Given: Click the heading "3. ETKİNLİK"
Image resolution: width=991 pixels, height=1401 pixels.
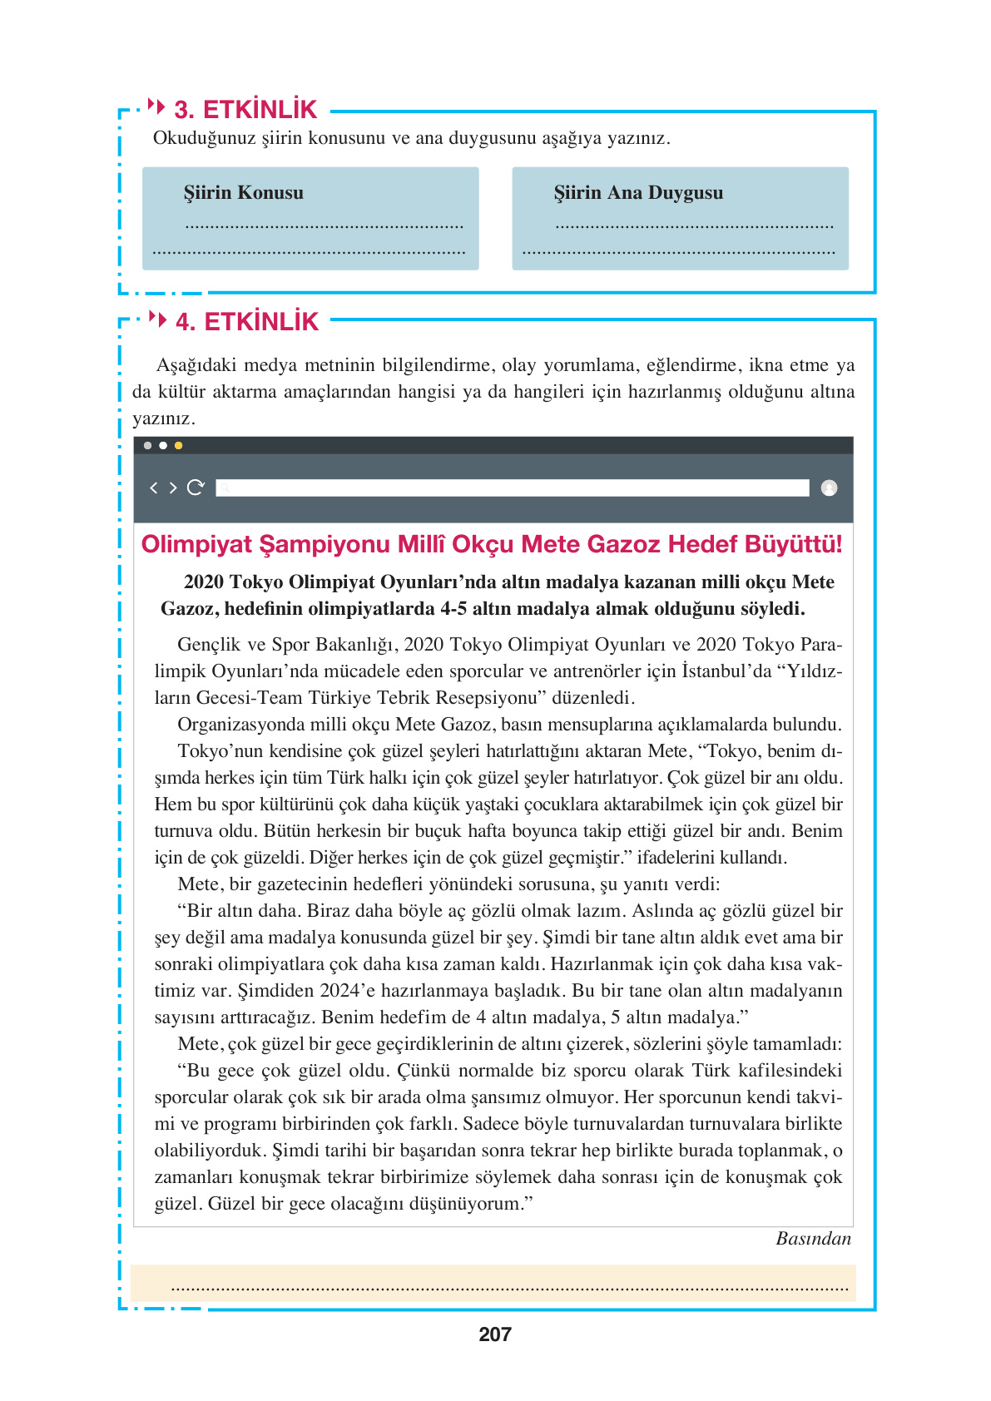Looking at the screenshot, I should (245, 110).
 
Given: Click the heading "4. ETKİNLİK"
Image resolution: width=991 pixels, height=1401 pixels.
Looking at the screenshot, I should (247, 322).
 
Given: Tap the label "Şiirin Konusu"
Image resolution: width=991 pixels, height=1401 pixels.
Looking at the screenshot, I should (244, 193).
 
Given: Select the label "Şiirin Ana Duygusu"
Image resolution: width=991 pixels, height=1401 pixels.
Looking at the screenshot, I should (638, 193).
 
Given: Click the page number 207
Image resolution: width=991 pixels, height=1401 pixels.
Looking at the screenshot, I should (495, 1334).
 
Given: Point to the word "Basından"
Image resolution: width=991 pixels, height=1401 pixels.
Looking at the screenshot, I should (813, 1239).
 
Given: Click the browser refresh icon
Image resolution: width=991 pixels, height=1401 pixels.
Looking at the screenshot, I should (196, 488).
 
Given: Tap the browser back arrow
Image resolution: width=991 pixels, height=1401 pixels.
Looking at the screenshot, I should (153, 488).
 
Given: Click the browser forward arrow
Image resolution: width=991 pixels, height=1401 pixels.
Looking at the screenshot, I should (173, 488).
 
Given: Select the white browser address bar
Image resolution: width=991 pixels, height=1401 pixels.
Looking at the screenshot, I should (512, 488).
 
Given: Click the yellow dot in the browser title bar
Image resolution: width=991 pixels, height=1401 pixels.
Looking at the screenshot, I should (179, 446).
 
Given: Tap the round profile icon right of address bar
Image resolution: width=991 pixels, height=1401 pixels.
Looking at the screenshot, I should (829, 488).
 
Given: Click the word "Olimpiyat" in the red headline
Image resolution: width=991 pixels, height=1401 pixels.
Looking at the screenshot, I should (196, 544).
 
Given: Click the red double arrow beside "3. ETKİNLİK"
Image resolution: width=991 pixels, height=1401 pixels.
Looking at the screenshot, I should (156, 106).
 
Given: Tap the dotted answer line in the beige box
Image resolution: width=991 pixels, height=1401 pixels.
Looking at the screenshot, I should (509, 1288).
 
